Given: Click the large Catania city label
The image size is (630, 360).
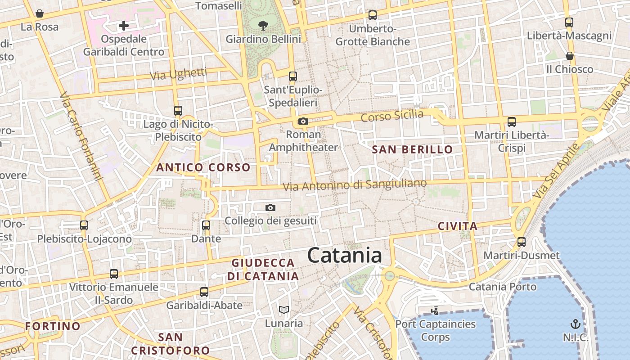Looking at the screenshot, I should [345, 256].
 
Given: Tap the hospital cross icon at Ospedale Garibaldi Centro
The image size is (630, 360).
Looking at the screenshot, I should [124, 26].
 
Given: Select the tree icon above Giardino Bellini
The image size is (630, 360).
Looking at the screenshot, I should [263, 26].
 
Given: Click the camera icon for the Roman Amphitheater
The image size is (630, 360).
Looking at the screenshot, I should [303, 121].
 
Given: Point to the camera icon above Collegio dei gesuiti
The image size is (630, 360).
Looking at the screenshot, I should [270, 207].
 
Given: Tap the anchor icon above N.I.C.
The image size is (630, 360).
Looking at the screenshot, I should [575, 324].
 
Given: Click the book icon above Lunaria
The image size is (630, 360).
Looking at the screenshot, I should [283, 310].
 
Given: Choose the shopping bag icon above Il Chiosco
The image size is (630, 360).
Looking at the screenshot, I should [569, 56].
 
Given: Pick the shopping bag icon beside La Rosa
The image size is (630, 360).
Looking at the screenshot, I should [40, 13].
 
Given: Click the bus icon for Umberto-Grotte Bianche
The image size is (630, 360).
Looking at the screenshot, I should [373, 15].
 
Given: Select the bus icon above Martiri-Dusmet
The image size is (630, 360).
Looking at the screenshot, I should [522, 242].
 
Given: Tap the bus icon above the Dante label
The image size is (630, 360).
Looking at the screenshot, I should [206, 225].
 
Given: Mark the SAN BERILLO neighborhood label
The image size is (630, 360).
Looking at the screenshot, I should [413, 150].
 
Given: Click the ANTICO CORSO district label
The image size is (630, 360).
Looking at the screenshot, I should [203, 167].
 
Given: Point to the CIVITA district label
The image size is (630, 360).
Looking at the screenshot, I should [457, 226].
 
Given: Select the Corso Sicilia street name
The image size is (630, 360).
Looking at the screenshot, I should [392, 116].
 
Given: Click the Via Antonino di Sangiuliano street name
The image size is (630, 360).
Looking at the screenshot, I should [355, 184].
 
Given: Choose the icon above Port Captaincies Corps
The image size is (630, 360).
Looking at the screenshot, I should [435, 310].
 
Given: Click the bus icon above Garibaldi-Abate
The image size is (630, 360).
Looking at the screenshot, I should [204, 292].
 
